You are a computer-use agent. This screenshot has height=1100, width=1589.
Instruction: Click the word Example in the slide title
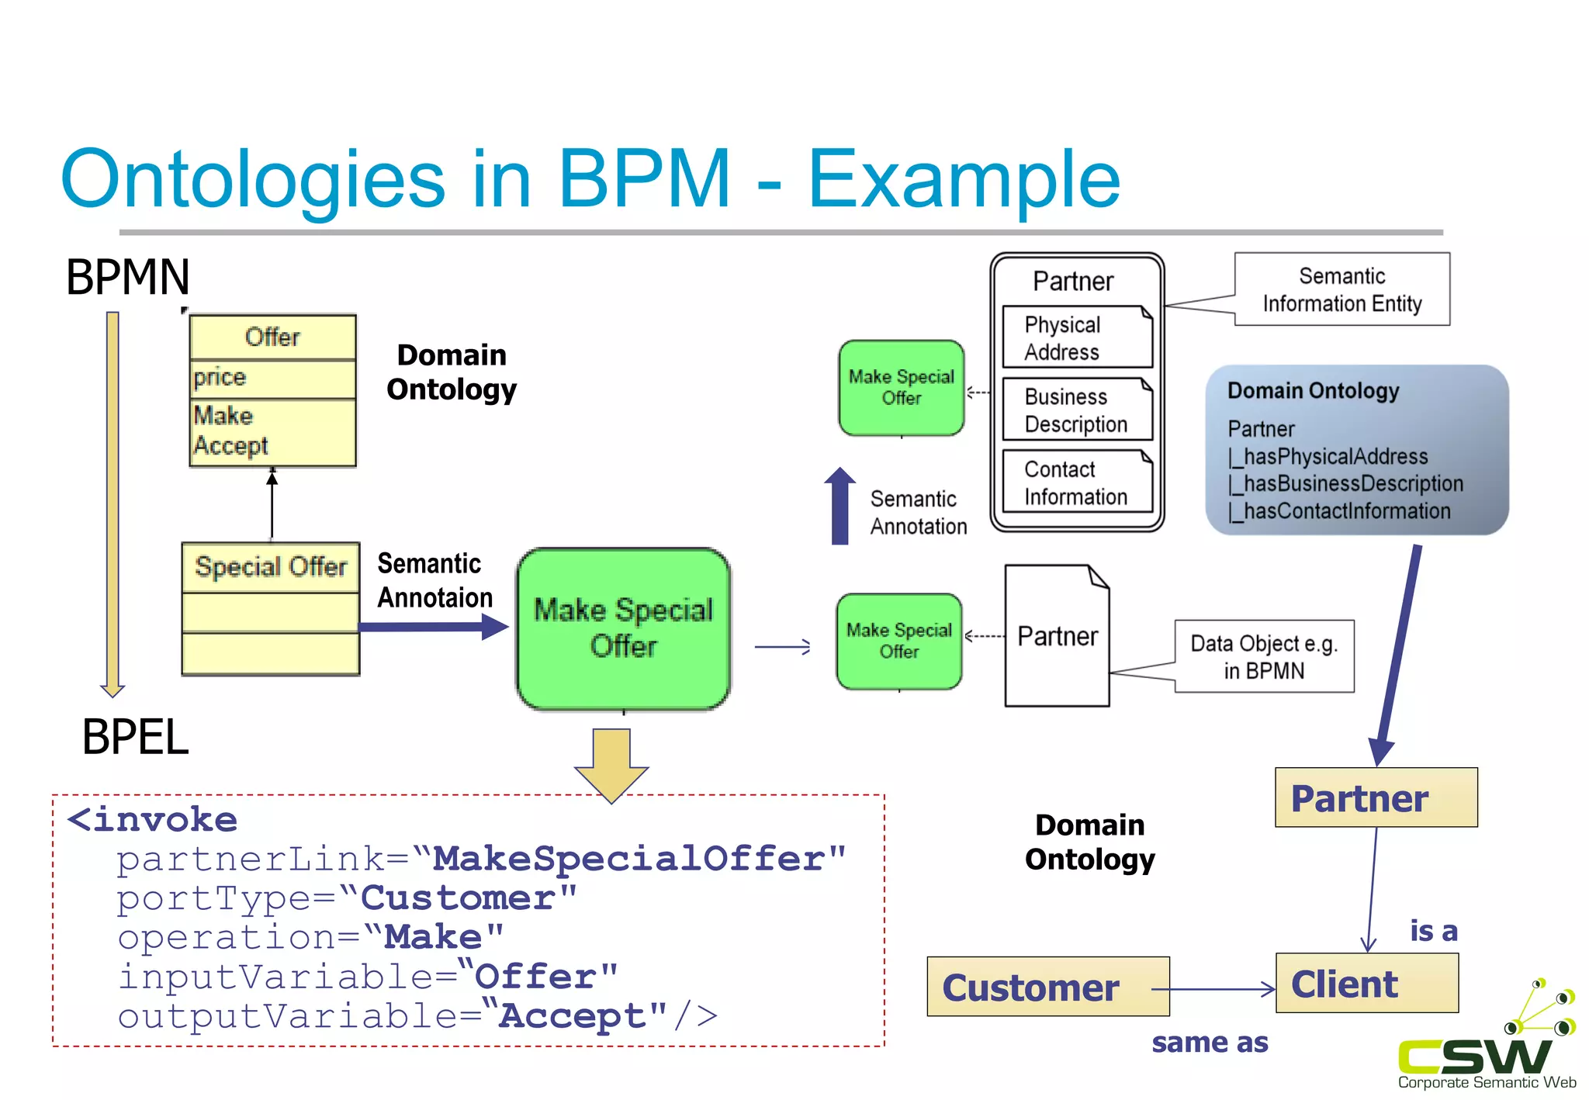pos(964,180)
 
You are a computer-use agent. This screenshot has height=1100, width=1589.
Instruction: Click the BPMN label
pos(127,277)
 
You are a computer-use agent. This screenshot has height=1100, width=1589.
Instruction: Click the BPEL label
pos(135,736)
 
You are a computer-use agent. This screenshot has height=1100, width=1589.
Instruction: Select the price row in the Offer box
pos(272,378)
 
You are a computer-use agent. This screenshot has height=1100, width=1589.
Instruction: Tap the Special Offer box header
pos(270,567)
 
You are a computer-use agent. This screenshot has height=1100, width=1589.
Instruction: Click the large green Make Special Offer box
pos(623,628)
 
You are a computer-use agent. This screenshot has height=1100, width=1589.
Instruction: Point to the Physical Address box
pos(1077,337)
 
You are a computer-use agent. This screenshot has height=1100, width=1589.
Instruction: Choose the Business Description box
pos(1077,410)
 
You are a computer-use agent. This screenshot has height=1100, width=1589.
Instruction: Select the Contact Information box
pos(1077,482)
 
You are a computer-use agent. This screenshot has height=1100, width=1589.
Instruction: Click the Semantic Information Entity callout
pos(1341,289)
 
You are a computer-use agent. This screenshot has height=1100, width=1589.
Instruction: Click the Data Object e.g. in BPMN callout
pos(1264,656)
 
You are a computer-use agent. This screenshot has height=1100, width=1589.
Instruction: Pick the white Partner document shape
pos(1056,636)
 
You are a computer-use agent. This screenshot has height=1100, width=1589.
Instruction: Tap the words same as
pos(1210,1042)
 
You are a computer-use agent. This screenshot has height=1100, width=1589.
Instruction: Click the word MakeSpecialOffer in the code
pos(629,859)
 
